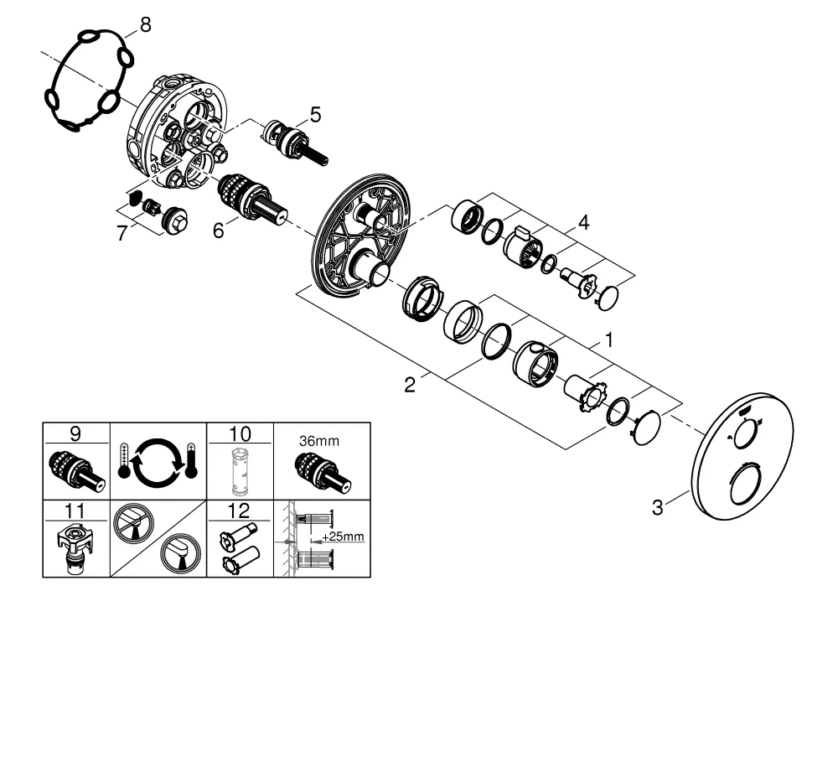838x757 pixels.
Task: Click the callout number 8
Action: (145, 24)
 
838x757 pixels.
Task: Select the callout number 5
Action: (315, 114)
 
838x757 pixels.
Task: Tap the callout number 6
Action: (218, 231)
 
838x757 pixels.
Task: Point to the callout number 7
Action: (122, 233)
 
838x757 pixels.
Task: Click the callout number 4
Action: (583, 222)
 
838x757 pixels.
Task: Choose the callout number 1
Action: (608, 340)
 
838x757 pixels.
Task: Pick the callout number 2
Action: (410, 385)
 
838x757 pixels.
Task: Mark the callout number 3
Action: (657, 507)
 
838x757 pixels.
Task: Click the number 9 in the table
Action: (75, 433)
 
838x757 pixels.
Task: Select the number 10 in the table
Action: (240, 433)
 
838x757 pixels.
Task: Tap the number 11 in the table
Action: (75, 511)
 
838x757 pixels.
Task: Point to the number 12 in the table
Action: (239, 511)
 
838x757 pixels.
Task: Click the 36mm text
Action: (319, 441)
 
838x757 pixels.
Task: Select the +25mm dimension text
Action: (343, 537)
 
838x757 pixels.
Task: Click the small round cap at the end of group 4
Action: (607, 298)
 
